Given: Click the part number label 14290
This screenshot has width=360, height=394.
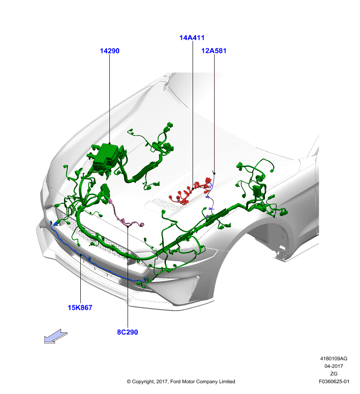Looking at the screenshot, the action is (x=109, y=51).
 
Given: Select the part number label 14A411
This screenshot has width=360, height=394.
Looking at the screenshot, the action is (x=192, y=38).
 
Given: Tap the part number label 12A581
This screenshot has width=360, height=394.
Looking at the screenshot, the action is (x=214, y=51).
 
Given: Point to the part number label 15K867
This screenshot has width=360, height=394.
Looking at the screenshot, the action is (x=80, y=307).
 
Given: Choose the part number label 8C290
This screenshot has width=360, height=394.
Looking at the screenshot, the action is (x=128, y=332).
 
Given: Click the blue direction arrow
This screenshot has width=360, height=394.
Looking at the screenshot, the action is (x=56, y=336).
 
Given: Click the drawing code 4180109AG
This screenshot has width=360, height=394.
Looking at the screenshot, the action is (x=333, y=359).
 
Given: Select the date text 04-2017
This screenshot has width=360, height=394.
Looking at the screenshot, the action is (x=333, y=366).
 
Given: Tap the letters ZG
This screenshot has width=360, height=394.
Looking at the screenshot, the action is (x=333, y=374).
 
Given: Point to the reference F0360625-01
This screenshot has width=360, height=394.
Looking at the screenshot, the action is (x=334, y=381).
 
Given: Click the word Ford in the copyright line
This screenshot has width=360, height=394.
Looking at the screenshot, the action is (x=175, y=381).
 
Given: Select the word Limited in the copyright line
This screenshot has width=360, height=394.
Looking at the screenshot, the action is (x=227, y=381).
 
